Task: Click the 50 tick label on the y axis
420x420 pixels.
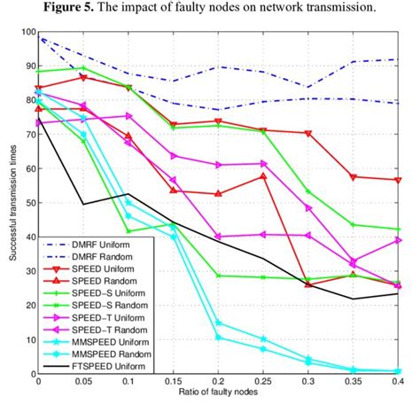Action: tap(26, 203)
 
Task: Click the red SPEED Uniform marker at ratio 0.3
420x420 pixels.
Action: tap(309, 133)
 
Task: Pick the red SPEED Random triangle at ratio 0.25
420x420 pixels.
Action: tap(264, 175)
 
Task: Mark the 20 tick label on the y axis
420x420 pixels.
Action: tap(26, 306)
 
